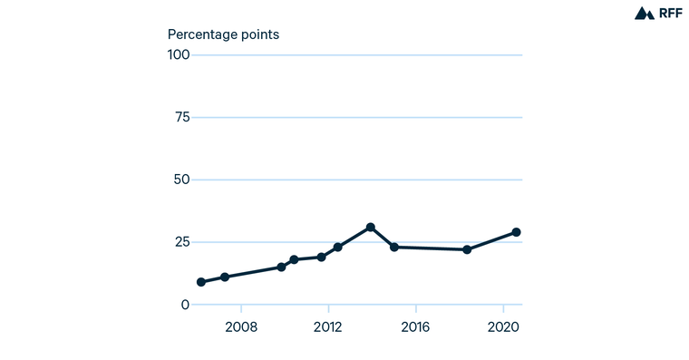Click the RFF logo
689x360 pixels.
pos(657,13)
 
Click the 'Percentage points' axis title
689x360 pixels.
pos(223,34)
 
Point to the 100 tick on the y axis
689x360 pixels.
pos(178,55)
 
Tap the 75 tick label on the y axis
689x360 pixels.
pos(181,117)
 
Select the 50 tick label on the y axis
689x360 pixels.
pos(181,180)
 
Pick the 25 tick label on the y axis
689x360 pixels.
pos(181,242)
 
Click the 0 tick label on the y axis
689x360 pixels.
pos(185,305)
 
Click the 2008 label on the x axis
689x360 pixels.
pos(240,326)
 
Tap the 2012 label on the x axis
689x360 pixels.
pos(327,326)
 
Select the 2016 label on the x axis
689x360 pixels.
pos(415,326)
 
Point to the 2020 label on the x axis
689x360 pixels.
pos(503,326)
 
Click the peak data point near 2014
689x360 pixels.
pos(371,227)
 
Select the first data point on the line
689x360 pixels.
pos(201,282)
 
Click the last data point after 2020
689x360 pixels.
pos(517,232)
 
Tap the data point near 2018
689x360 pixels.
pos(467,249)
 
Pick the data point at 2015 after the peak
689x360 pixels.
pos(394,247)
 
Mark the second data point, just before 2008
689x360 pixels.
pos(225,277)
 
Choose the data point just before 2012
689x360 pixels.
pos(322,257)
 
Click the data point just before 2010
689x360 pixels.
pos(281,267)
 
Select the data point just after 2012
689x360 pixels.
pos(337,247)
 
